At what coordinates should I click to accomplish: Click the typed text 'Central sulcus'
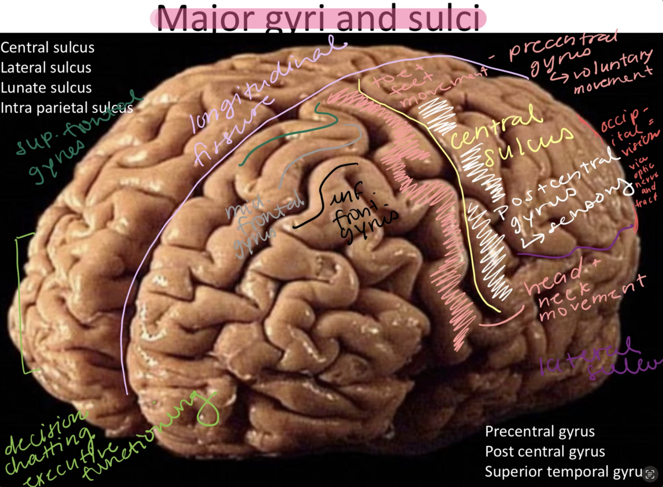(x=47, y=48)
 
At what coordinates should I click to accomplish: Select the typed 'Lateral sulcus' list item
(x=46, y=68)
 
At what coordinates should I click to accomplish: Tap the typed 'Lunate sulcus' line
(x=46, y=88)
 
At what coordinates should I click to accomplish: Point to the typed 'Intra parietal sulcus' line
(x=67, y=108)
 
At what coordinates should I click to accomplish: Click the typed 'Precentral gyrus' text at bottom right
(x=540, y=431)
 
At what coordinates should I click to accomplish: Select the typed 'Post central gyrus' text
(x=545, y=452)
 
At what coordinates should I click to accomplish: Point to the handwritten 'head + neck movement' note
(x=581, y=293)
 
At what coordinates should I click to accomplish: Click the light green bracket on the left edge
(x=22, y=303)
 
